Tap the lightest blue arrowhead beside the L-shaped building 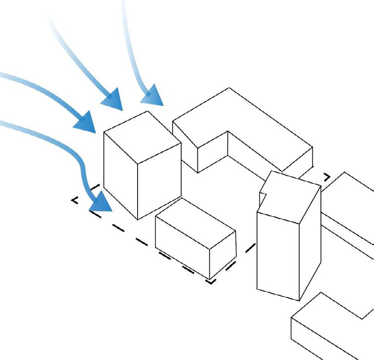coord(153,97)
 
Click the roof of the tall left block coord(142,136)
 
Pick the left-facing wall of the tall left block coord(121,175)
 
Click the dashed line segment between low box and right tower coord(250,248)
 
